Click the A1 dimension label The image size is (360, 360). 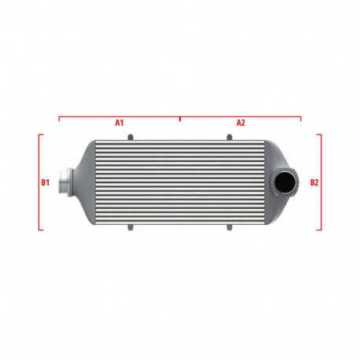pyautogui.click(x=119, y=123)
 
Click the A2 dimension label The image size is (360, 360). pyautogui.click(x=241, y=123)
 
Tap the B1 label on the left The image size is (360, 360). pyautogui.click(x=45, y=182)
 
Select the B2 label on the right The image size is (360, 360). pyautogui.click(x=314, y=182)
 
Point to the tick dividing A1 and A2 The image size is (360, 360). pyautogui.click(x=180, y=118)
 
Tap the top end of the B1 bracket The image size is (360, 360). pyautogui.click(x=40, y=134)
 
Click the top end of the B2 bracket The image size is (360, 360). pyautogui.click(x=319, y=134)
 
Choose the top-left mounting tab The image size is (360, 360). pyautogui.click(x=130, y=138)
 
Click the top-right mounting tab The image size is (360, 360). pyautogui.click(x=229, y=138)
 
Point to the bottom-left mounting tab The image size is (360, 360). pyautogui.click(x=130, y=228)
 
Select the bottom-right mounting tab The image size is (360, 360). pyautogui.click(x=229, y=228)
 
